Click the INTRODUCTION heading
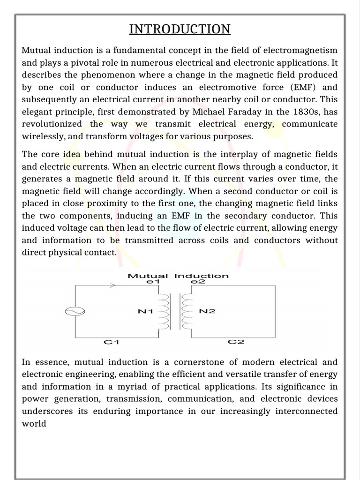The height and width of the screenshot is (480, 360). pyautogui.click(x=180, y=29)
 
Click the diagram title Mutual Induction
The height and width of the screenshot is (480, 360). pyautogui.click(x=178, y=276)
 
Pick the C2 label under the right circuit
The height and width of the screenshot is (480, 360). pyautogui.click(x=236, y=342)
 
